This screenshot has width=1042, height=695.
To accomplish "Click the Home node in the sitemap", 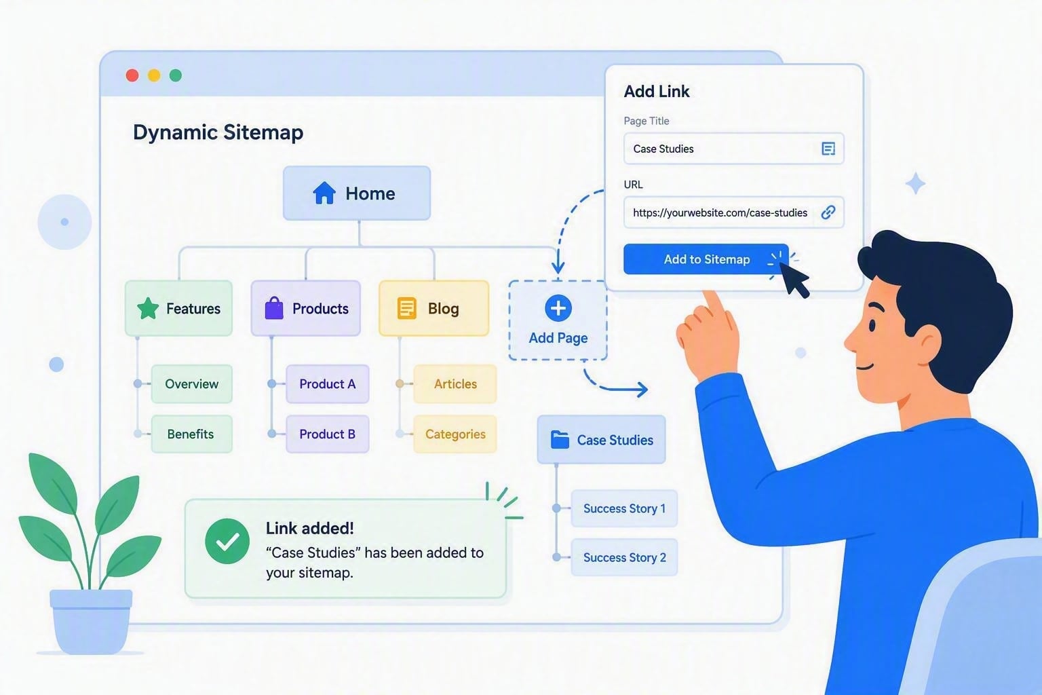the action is point(357,193).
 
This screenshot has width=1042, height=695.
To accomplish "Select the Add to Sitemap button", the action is point(706,259).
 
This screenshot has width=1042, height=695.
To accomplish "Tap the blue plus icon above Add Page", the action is point(558,308).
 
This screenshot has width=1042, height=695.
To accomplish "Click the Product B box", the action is point(328,434).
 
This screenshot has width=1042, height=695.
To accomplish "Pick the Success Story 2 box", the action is point(624,557).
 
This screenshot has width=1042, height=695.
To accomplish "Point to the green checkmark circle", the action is point(227,542).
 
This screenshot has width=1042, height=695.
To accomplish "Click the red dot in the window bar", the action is point(132,75).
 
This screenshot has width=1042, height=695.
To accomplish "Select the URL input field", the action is point(733,212).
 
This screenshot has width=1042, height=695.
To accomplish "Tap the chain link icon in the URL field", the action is point(828,212).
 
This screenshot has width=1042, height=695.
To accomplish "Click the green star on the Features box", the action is point(148,308).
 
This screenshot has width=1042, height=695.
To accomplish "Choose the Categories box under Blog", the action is point(455,434).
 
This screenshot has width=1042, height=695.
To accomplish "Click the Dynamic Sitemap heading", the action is point(218,132).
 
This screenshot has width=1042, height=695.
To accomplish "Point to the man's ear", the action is point(928,343).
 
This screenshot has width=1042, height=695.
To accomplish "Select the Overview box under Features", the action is point(192,384).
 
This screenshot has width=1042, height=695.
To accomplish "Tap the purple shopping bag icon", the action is point(274,308).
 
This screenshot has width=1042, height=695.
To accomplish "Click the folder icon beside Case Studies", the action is point(560,439).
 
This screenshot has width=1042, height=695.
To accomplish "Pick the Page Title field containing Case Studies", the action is point(733,149).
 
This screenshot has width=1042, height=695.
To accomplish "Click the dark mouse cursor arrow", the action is point(795,280).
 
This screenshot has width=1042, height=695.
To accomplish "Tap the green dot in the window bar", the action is point(176,75).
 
